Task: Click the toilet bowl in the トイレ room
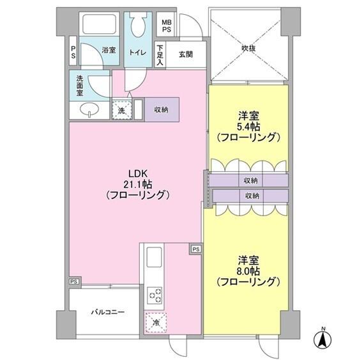coord(138,27)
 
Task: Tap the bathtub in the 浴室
coord(100,24)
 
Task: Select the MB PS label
coord(167,26)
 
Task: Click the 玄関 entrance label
coord(186,54)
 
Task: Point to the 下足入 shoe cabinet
coord(160,55)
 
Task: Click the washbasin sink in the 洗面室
coord(89,109)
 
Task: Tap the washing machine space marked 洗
coord(122,109)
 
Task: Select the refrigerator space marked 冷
coord(156,322)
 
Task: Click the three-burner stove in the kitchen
coord(155,295)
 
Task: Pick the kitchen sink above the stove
coord(154,257)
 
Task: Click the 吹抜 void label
coord(248,49)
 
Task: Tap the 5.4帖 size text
coord(248,127)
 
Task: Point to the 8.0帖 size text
coord(248,271)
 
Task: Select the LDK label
coord(138,174)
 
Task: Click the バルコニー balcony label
coord(108,312)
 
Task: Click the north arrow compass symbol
coord(322,339)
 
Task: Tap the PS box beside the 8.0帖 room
coord(196,249)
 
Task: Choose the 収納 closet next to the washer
coord(162,109)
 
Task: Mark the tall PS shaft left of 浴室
coord(73,51)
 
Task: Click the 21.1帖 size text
coord(138,185)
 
